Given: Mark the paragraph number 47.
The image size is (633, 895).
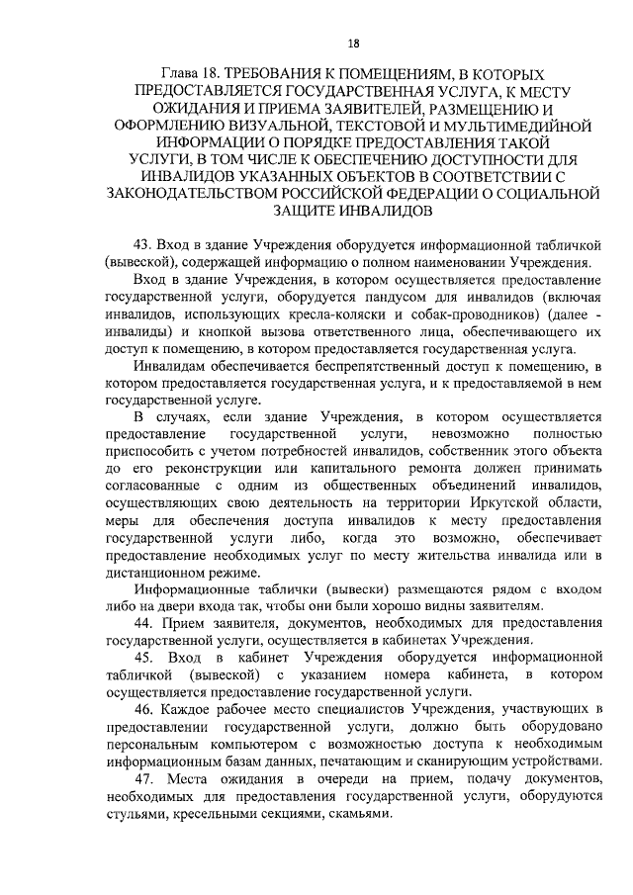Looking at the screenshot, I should [145, 782].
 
